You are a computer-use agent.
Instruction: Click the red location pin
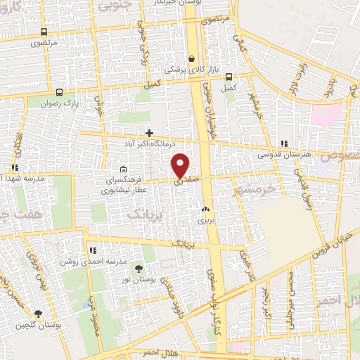point(181,165)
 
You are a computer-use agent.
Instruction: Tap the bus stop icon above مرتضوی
point(44,32)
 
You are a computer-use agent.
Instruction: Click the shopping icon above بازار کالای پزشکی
point(192,60)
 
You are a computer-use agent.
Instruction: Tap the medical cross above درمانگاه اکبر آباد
point(148,132)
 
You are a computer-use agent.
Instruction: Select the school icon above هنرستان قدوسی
point(283,143)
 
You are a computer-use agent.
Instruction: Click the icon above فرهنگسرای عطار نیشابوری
point(123,169)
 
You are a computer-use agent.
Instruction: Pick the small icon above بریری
point(205,210)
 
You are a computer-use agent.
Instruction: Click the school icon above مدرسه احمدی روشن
point(93,250)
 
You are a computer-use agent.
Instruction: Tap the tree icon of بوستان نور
point(139,268)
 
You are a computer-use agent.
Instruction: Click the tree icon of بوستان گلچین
point(37,314)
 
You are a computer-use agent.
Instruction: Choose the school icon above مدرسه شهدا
point(14,168)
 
